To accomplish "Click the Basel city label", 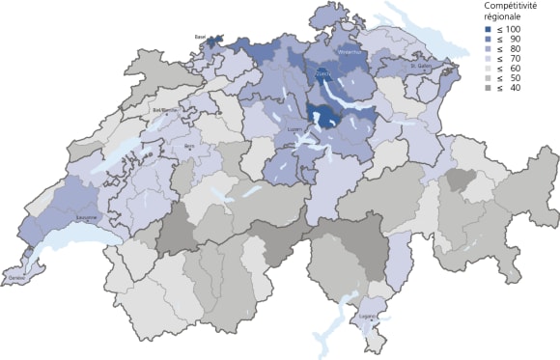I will [x=201, y=38].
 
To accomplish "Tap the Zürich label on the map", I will [x=322, y=71].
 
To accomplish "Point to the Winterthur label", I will [x=351, y=53].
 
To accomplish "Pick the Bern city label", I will [x=189, y=146].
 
